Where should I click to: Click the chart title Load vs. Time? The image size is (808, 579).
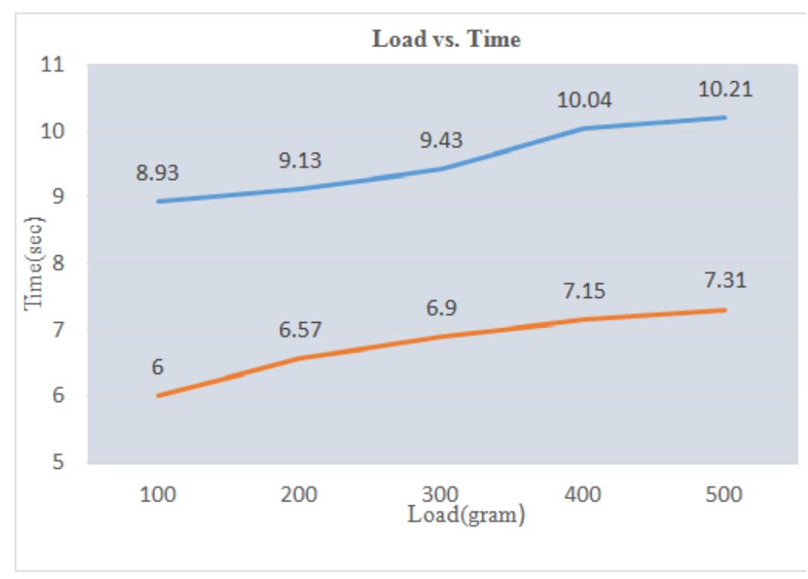tap(446, 41)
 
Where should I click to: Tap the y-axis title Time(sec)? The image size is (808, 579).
tap(35, 264)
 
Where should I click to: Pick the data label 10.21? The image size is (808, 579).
tap(725, 89)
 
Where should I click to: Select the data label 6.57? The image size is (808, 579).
tap(299, 330)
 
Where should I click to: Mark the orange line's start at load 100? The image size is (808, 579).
tap(158, 396)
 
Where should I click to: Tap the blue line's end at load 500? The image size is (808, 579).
tap(725, 117)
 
